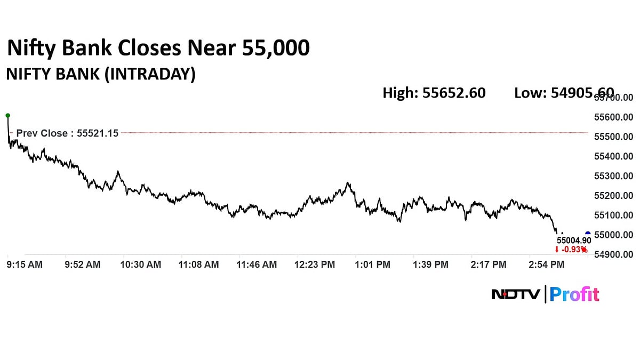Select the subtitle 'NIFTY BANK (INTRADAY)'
pyautogui.click(x=100, y=74)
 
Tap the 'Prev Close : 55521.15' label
pyautogui.click(x=67, y=133)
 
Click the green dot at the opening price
pyautogui.click(x=7, y=115)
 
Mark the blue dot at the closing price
pyautogui.click(x=588, y=234)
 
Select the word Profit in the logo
pyautogui.click(x=574, y=294)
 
